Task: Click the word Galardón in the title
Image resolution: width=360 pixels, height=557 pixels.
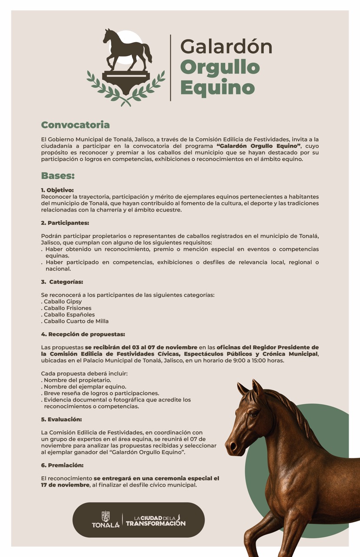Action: tap(226, 47)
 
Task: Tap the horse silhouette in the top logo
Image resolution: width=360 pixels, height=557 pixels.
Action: tap(127, 49)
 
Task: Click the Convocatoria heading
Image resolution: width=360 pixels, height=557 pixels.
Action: tap(75, 125)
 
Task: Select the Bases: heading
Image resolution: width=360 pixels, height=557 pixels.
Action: tap(58, 176)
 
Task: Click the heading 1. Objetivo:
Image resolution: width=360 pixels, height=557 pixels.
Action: tap(57, 190)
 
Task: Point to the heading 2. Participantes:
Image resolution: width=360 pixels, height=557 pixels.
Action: tap(65, 223)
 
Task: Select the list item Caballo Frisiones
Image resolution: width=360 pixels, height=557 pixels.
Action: tap(67, 308)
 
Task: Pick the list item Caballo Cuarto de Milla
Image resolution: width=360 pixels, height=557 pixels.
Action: tap(76, 321)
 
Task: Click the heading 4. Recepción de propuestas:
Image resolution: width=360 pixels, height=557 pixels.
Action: tap(83, 334)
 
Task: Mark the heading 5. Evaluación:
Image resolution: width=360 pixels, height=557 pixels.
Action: tap(61, 419)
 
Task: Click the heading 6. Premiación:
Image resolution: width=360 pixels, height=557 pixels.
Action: tap(62, 465)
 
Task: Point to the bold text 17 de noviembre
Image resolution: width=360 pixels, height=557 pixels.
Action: tap(65, 485)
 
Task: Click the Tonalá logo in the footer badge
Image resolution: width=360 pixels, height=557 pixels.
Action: tap(105, 520)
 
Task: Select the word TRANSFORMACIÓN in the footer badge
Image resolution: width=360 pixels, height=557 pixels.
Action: tap(156, 523)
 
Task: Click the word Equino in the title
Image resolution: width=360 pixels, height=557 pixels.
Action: tap(217, 87)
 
